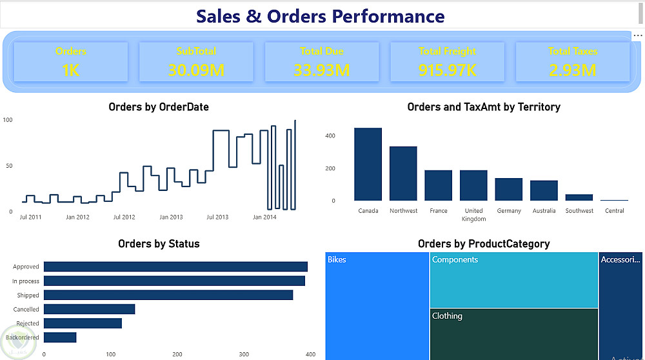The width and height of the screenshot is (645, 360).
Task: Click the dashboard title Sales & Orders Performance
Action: click(320, 16)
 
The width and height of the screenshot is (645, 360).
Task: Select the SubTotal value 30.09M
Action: click(196, 70)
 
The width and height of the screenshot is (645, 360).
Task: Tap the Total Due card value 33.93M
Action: click(322, 70)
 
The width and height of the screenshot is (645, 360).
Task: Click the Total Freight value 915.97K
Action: click(447, 70)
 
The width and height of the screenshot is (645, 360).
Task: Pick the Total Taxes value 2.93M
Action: click(573, 70)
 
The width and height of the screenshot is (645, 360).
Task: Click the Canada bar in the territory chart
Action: click(368, 165)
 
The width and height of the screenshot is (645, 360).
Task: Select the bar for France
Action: click(438, 185)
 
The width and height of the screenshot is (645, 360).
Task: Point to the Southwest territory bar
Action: click(579, 197)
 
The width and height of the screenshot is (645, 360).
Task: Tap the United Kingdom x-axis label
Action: click(473, 215)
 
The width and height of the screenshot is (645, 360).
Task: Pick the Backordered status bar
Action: click(60, 337)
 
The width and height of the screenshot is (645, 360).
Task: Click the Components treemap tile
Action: click(514, 279)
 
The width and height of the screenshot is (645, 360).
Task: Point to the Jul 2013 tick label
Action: click(217, 217)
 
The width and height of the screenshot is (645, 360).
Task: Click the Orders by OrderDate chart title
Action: click(159, 107)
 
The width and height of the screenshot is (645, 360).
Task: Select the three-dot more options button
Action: click(637, 35)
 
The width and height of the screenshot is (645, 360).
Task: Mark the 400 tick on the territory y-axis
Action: click(330, 135)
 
